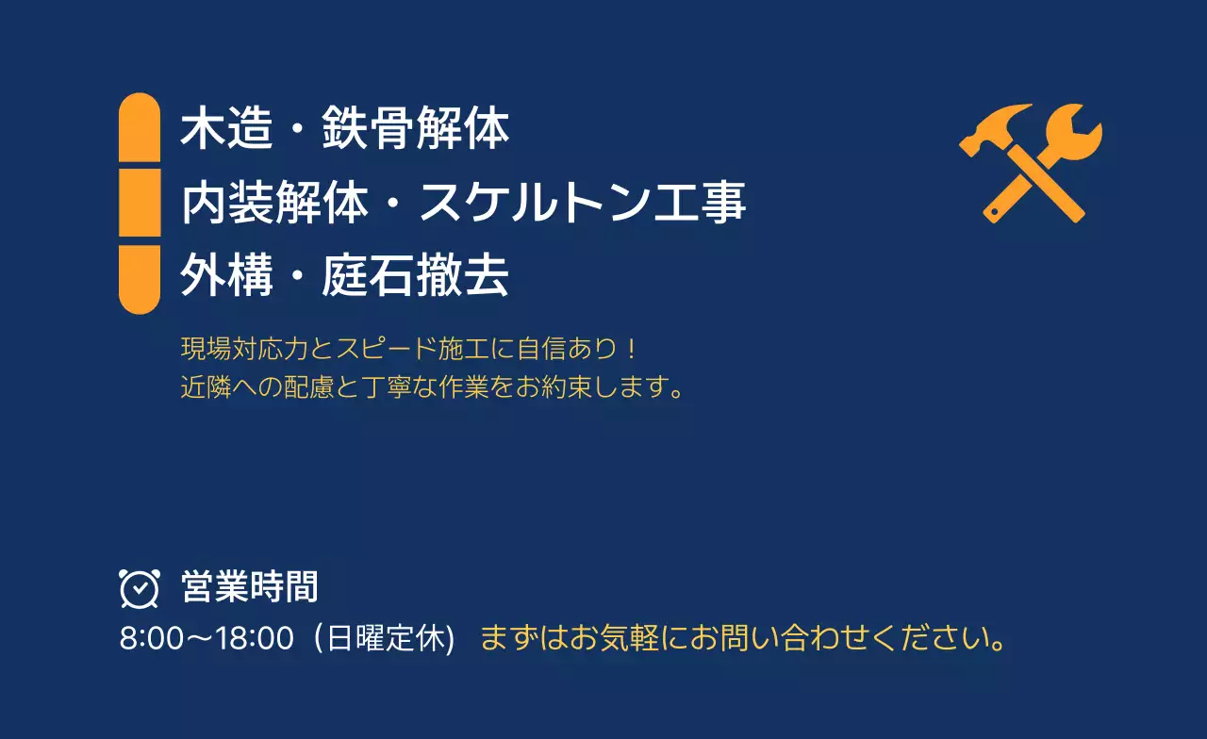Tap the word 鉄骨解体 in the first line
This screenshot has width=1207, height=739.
pyautogui.click(x=415, y=129)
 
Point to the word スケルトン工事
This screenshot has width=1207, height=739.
pyautogui.click(x=583, y=203)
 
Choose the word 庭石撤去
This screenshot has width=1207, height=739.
pyautogui.click(x=415, y=277)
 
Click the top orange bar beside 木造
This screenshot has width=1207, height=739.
pyautogui.click(x=140, y=128)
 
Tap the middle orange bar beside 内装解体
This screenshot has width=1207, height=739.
pyautogui.click(x=140, y=203)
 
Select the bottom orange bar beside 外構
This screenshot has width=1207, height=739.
pyautogui.click(x=140, y=279)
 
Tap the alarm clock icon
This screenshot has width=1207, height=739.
pyautogui.click(x=140, y=588)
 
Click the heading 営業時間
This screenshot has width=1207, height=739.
pyautogui.click(x=249, y=587)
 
